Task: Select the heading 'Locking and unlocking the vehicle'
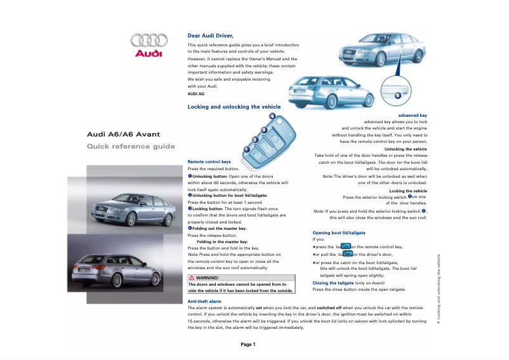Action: [234, 107]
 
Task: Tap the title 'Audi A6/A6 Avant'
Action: [124, 134]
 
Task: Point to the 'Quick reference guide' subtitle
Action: [131, 147]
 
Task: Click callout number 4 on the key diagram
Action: [272, 116]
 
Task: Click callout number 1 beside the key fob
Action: [246, 149]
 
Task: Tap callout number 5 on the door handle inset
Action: [397, 95]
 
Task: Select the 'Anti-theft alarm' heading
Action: [204, 301]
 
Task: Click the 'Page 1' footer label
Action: [248, 345]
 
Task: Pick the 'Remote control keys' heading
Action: [209, 162]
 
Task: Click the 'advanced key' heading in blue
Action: [413, 116]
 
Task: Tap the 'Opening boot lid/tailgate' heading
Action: [339, 233]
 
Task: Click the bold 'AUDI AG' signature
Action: [196, 93]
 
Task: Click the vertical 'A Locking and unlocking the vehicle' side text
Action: [438, 289]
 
